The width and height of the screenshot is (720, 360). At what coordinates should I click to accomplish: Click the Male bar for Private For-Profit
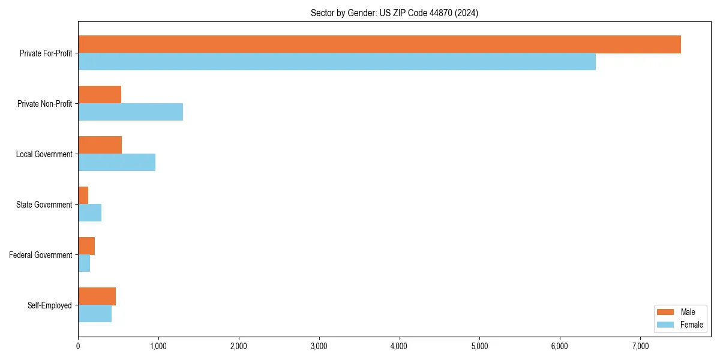point(379,44)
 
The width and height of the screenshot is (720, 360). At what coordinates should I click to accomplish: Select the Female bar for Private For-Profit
point(337,62)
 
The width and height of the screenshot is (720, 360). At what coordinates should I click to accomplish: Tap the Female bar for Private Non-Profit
point(130,112)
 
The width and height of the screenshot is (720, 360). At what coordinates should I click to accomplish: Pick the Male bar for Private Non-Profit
point(100,95)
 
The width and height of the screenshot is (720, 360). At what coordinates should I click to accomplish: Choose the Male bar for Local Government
point(100,145)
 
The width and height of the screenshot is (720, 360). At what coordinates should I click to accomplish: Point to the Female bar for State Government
point(89,213)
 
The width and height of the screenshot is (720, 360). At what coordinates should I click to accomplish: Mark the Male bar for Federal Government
point(86,246)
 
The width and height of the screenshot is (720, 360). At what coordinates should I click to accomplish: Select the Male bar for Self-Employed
point(97,296)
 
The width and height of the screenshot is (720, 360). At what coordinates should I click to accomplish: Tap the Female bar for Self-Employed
point(95,314)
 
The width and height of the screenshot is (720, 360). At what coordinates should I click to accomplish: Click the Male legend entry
point(679,312)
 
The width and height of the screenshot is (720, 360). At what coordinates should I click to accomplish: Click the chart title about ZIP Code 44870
point(394,13)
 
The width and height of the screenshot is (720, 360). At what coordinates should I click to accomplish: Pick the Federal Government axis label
point(41,255)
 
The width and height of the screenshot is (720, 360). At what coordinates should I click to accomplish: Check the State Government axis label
point(44,205)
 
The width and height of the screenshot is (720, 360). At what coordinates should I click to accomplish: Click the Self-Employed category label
point(49,305)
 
